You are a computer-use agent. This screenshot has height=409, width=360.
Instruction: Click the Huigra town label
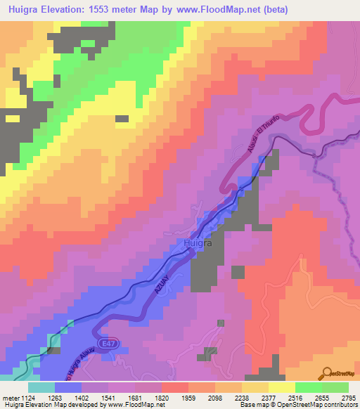click(x=188, y=243)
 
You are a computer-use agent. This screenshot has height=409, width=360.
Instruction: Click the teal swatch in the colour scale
click(x=41, y=387)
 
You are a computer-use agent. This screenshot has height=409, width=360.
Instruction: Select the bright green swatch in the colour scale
click(x=308, y=387)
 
